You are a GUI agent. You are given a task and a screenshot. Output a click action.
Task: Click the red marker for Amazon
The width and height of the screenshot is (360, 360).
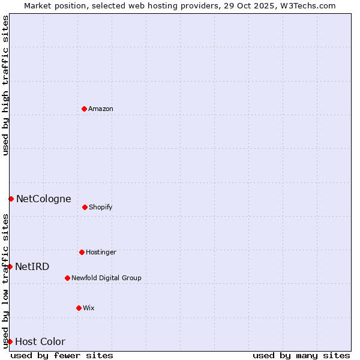84,109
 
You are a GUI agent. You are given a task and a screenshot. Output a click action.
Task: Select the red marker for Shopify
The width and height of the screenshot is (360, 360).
85,207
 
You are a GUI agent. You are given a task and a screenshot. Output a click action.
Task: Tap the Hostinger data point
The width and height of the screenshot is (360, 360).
82,252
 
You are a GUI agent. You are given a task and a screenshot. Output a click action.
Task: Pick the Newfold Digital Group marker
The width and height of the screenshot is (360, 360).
67,278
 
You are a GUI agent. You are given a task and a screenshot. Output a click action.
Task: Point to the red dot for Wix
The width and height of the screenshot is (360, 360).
79,308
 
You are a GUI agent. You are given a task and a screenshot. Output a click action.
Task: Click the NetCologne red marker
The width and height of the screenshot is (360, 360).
11,199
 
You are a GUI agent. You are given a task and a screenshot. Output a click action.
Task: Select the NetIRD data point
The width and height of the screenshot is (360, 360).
10,266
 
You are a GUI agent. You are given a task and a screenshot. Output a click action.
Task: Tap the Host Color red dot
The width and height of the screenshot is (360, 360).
10,341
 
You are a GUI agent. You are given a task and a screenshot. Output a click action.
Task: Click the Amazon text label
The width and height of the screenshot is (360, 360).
101,109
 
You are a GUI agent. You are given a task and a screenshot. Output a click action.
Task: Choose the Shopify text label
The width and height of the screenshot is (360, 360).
101,207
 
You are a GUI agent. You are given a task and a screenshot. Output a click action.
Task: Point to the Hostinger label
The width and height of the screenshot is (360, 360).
101,252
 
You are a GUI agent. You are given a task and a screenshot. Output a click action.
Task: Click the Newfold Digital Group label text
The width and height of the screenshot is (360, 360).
106,278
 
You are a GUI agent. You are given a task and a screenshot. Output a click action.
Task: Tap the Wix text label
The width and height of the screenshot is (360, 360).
89,308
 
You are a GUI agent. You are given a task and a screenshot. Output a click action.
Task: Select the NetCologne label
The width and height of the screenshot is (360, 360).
43,199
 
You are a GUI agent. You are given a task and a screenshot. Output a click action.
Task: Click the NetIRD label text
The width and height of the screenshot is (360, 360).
32,266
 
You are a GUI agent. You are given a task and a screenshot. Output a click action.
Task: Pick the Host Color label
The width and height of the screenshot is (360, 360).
40,341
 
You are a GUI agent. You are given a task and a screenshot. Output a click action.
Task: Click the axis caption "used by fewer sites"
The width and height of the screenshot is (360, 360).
62,355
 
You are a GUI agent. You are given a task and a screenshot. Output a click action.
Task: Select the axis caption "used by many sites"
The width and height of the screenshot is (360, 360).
301,355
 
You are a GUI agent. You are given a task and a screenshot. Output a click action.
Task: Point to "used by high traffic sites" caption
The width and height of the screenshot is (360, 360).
5,85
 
